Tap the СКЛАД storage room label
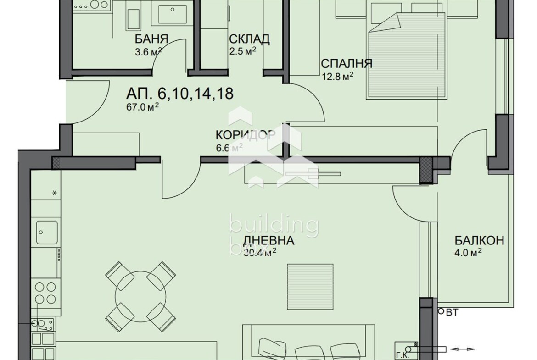249,39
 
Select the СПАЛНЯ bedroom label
346,64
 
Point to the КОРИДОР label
246,135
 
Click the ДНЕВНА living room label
268,240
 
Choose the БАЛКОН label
479,240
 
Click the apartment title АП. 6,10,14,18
180,94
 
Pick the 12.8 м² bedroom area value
337,76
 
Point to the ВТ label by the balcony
452,313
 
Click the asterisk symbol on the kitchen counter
54,193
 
